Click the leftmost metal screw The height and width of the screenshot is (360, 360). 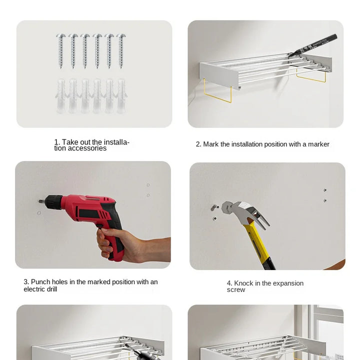61,51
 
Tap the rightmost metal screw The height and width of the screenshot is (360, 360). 121,51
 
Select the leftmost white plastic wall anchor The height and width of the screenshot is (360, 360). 61,96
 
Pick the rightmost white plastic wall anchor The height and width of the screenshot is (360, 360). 121,96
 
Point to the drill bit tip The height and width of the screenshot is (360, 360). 38,201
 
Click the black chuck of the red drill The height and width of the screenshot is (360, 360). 54,202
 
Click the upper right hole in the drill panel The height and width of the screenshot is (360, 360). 148,185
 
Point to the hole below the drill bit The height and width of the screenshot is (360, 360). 39,213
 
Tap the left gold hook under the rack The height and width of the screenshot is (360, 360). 217,92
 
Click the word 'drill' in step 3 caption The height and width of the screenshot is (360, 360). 52,289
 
